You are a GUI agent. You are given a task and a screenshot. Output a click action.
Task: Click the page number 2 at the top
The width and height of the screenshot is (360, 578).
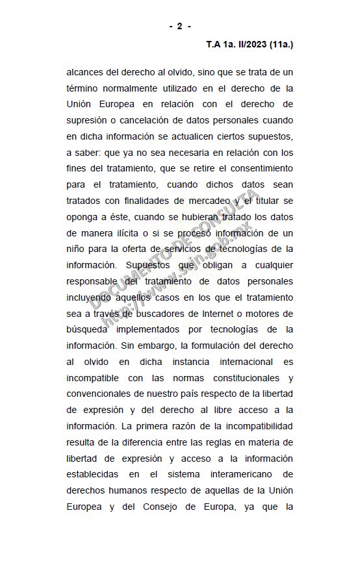coord(180,26)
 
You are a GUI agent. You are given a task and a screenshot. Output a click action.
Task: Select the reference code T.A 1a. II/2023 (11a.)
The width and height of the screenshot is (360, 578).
coord(250,45)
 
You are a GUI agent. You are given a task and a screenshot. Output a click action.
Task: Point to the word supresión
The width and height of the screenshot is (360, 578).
coord(88,121)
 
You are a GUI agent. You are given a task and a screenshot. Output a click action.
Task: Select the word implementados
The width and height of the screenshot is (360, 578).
coord(171,329)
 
